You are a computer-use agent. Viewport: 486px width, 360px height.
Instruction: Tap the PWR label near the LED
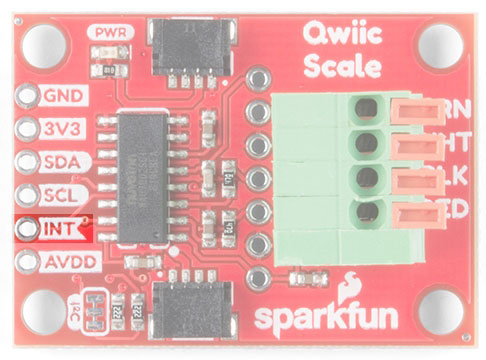(x=107, y=32)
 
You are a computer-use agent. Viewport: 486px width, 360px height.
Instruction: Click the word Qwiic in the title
(x=343, y=37)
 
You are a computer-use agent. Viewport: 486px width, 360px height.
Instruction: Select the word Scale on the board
(x=343, y=68)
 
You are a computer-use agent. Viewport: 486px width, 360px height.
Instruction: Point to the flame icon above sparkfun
(x=351, y=285)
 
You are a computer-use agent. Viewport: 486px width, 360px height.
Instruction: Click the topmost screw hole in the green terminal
(x=367, y=105)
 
